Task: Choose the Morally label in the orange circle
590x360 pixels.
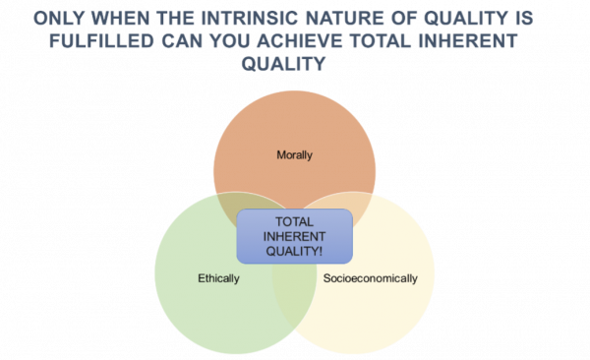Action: coord(295,153)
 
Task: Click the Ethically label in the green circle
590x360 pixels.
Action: coord(219,277)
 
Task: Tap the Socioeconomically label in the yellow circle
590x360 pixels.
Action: coord(371,277)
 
